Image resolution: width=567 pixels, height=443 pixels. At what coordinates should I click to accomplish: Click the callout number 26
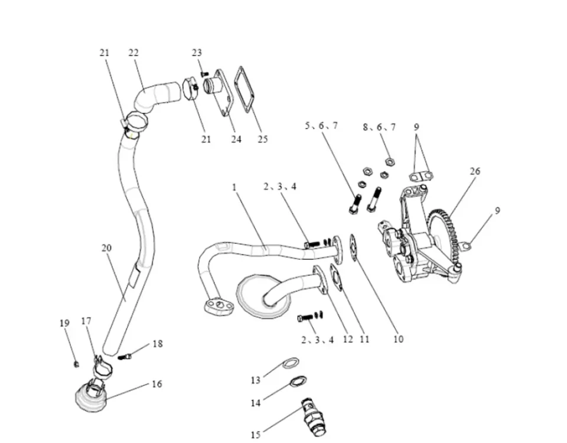click(x=475, y=171)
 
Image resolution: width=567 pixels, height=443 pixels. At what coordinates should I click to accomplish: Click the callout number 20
click(x=106, y=248)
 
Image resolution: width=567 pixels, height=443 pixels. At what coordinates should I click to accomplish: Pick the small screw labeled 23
click(x=204, y=74)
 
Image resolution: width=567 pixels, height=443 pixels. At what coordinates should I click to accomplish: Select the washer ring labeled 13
click(x=289, y=362)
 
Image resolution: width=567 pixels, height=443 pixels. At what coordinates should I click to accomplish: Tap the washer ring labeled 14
click(x=297, y=381)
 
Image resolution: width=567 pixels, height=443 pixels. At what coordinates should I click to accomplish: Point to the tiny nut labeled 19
click(x=76, y=363)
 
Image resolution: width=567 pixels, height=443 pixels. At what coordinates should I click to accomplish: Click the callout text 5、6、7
click(x=321, y=125)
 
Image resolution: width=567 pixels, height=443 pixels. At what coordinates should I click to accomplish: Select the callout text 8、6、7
click(x=380, y=126)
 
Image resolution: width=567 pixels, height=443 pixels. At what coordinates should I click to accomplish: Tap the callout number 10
click(x=399, y=339)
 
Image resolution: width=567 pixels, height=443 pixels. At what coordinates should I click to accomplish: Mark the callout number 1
click(x=234, y=187)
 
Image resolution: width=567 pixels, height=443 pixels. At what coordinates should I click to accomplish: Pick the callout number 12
click(x=348, y=339)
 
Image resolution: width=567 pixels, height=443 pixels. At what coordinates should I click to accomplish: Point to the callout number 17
click(x=86, y=321)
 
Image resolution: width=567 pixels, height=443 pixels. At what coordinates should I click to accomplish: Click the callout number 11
click(x=364, y=339)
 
